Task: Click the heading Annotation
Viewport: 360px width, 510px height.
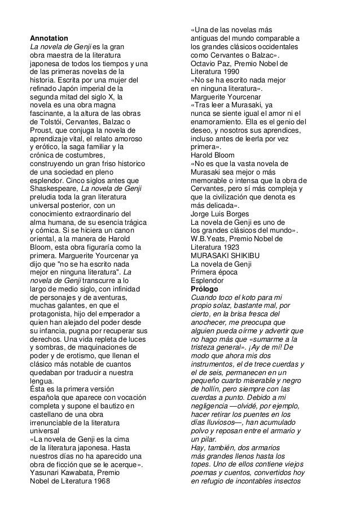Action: click(49, 38)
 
